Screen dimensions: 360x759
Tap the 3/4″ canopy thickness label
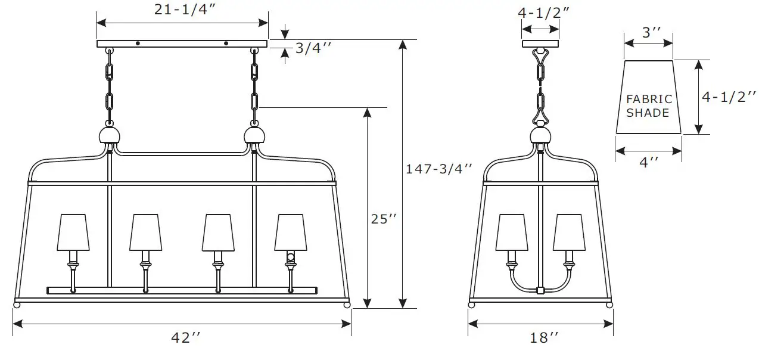(309, 48)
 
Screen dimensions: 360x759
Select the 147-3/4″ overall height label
(438, 169)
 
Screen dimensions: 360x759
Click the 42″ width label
(185, 337)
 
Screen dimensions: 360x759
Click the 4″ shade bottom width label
(648, 162)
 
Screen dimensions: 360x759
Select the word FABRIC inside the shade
(648, 100)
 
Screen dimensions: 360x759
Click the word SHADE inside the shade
(648, 113)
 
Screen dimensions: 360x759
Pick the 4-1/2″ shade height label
(729, 97)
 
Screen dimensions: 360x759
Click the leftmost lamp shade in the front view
(74, 232)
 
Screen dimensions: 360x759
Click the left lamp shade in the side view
(511, 232)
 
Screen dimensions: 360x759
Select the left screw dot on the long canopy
(138, 43)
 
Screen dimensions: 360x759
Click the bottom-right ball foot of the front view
(347, 305)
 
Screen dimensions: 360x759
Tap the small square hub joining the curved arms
(540, 291)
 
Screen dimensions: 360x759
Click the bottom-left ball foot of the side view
(472, 305)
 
